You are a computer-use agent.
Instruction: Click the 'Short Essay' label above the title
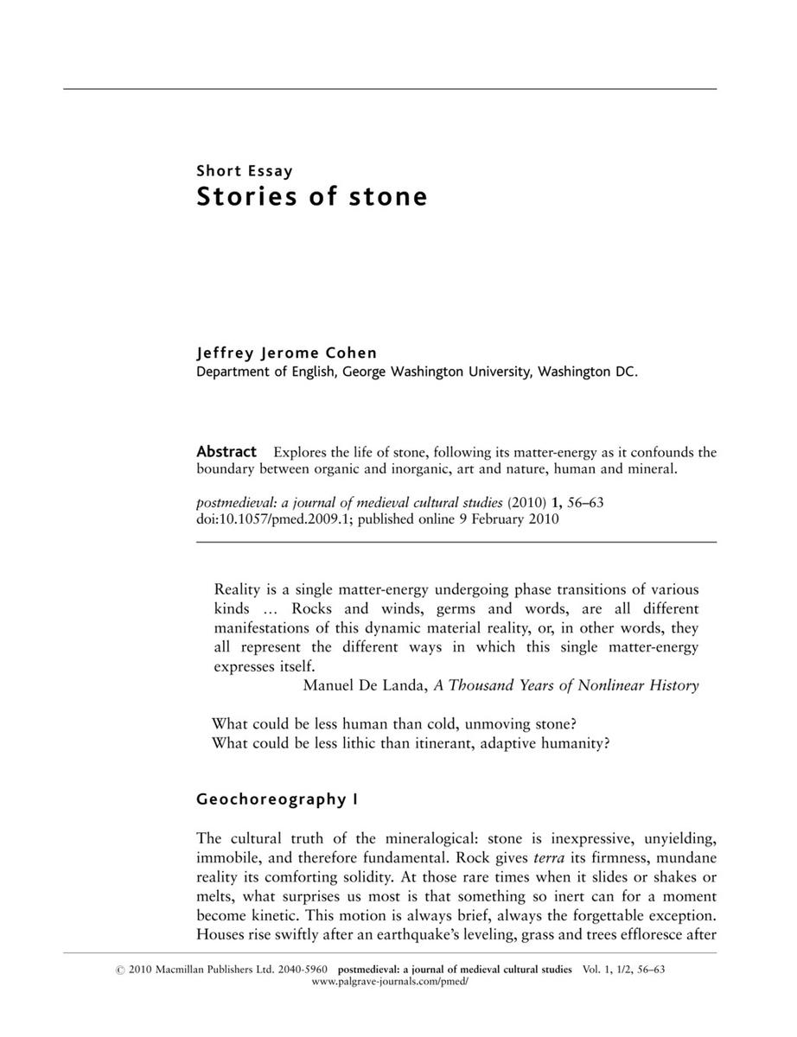pyautogui.click(x=245, y=170)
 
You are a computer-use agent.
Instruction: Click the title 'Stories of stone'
pyautogui.click(x=312, y=197)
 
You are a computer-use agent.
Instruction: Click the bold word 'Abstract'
pyautogui.click(x=226, y=451)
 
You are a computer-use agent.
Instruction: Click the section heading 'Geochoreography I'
pyautogui.click(x=277, y=799)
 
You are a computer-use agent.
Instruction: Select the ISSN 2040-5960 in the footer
pyautogui.click(x=309, y=970)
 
